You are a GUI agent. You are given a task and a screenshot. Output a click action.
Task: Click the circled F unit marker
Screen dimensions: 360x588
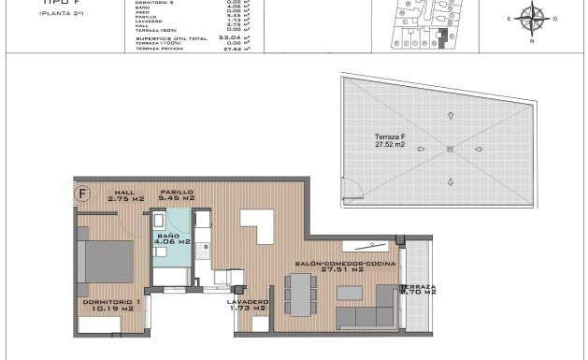click(83, 194)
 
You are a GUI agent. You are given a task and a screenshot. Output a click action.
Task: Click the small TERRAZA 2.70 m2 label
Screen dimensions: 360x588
click(417, 290)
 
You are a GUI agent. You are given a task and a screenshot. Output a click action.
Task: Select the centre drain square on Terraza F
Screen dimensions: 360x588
click(450, 150)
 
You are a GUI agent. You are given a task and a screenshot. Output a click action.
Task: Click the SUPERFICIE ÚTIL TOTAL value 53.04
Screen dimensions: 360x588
click(230, 38)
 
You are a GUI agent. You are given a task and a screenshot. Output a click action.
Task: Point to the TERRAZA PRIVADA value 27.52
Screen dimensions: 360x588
click(230, 49)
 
